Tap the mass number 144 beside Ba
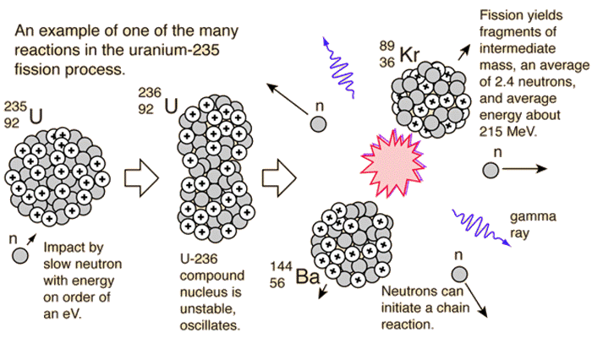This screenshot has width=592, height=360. coord(281,266)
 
